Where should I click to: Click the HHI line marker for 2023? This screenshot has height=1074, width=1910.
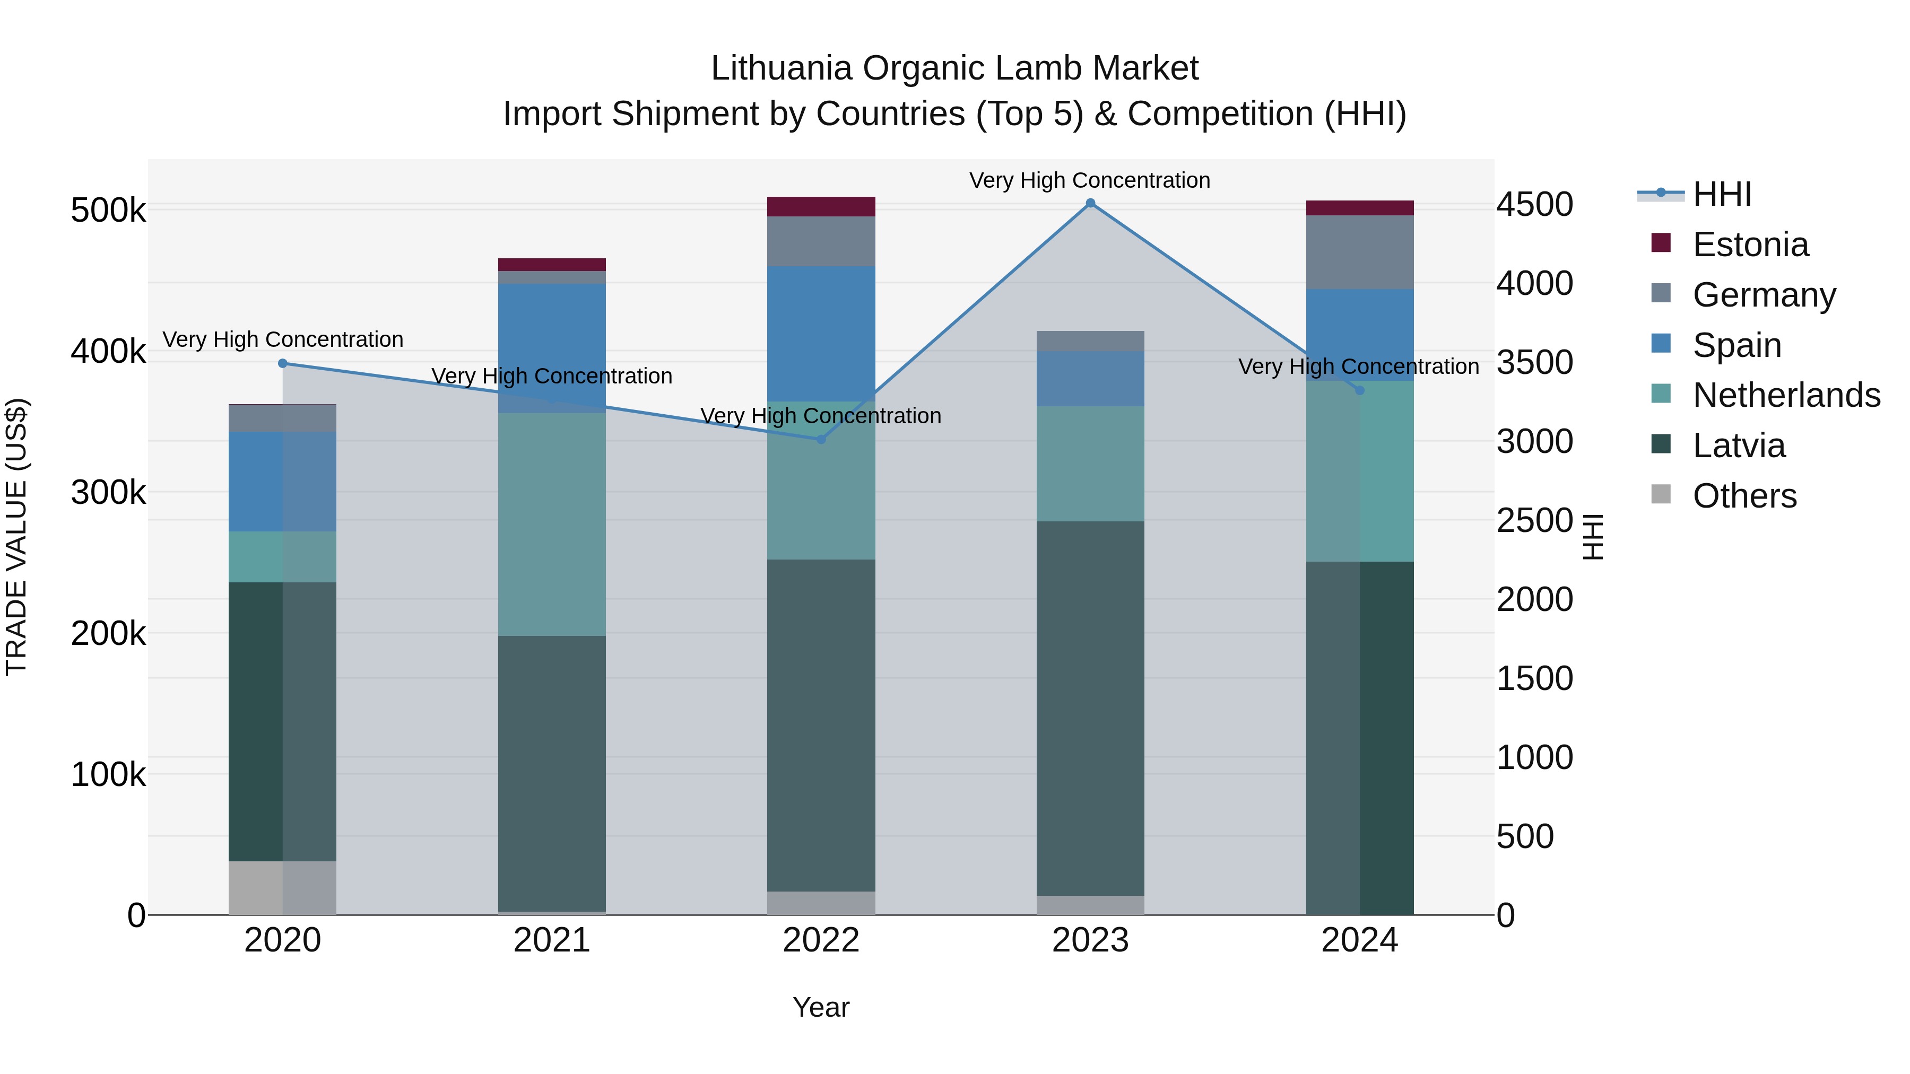click(x=1090, y=203)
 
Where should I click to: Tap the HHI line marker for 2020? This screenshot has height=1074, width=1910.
click(x=282, y=363)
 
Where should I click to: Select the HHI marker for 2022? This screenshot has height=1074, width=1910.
click(x=821, y=440)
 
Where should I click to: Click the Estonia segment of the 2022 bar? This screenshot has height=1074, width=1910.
click(x=821, y=207)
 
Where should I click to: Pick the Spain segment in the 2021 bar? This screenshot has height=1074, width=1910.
click(x=552, y=348)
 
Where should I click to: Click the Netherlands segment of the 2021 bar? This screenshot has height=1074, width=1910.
click(x=552, y=524)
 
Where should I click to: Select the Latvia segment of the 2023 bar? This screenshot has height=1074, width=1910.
click(x=1090, y=708)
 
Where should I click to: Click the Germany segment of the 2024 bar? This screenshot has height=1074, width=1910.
click(x=1359, y=252)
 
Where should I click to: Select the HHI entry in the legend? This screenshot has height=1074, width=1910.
click(x=1722, y=194)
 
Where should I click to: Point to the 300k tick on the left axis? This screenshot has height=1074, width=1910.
click(x=108, y=492)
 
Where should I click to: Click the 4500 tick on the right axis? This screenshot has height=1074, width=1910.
click(x=1534, y=205)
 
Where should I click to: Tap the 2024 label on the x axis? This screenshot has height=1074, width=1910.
click(x=1359, y=940)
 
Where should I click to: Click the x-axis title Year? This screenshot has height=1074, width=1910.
click(x=821, y=1007)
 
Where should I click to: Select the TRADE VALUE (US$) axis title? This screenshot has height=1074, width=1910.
click(x=17, y=537)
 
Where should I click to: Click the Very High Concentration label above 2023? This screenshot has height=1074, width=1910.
click(x=1089, y=180)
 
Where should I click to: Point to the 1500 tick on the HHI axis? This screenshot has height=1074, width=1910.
click(x=1534, y=678)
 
